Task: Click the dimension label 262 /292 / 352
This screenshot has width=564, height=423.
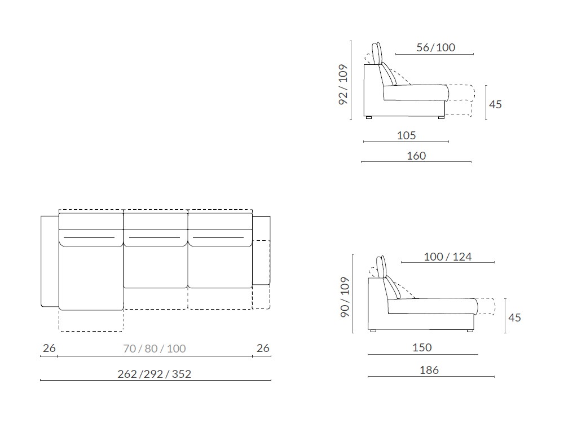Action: pos(155,374)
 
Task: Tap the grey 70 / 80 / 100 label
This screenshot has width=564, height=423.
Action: pos(155,349)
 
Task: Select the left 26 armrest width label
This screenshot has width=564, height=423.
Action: pos(49,348)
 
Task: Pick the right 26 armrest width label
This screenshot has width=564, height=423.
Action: pos(263,348)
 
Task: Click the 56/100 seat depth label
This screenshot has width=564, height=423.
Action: pos(435,47)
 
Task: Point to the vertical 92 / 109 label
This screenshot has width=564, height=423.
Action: pos(343,85)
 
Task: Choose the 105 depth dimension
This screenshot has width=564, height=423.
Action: pos(407,135)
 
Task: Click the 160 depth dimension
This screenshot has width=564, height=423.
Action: pos(416,156)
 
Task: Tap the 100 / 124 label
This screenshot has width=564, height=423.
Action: pos(448,257)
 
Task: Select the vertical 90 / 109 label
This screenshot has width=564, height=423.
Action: pos(345,297)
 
